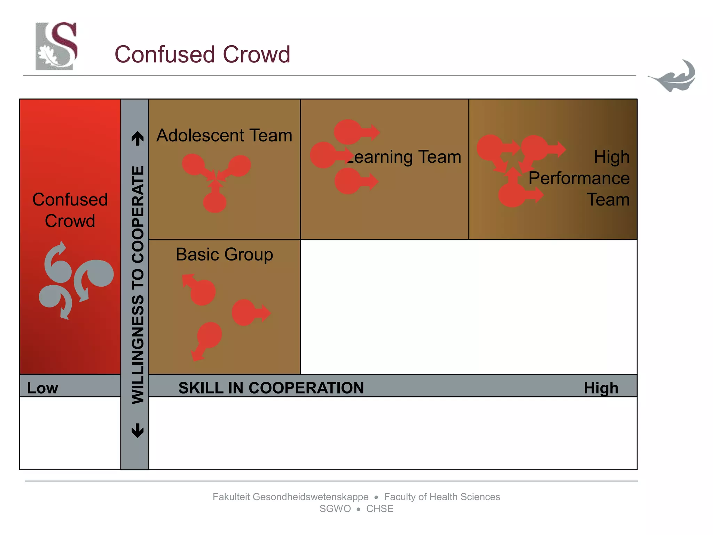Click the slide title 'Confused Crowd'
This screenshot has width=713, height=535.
coord(202,54)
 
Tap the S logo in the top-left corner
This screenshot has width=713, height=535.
coord(56,46)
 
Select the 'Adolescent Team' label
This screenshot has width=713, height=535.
coord(224,135)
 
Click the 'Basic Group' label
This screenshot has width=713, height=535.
coord(224,254)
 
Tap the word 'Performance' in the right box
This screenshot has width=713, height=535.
coord(579,178)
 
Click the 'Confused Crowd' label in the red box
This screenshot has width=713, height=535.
coord(70,210)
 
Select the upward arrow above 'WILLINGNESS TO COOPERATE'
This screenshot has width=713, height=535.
coord(138,138)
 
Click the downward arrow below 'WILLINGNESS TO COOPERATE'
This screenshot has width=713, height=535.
coord(138,431)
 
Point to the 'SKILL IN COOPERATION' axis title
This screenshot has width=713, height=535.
coord(271,388)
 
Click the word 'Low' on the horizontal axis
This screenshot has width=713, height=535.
coord(42,388)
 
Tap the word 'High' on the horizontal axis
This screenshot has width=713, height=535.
coord(601,388)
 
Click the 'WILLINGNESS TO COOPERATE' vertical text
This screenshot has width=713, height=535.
coord(138,285)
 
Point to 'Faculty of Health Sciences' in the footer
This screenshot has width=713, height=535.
coord(442,497)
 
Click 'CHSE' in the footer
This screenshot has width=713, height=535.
coord(379,509)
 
